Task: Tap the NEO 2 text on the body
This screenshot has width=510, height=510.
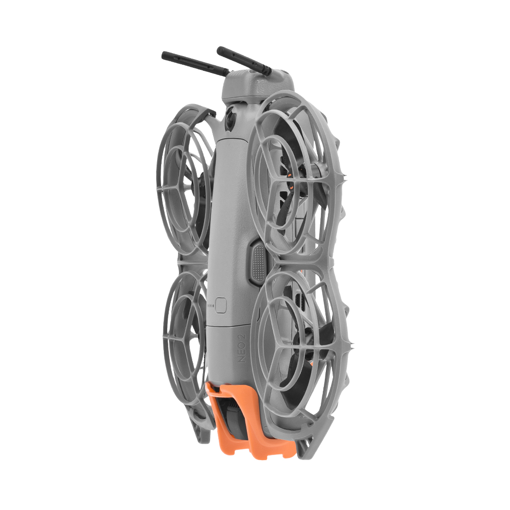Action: (243, 347)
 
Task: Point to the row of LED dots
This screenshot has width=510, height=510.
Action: (211, 306)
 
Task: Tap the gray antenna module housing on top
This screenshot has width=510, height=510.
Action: (257, 85)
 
